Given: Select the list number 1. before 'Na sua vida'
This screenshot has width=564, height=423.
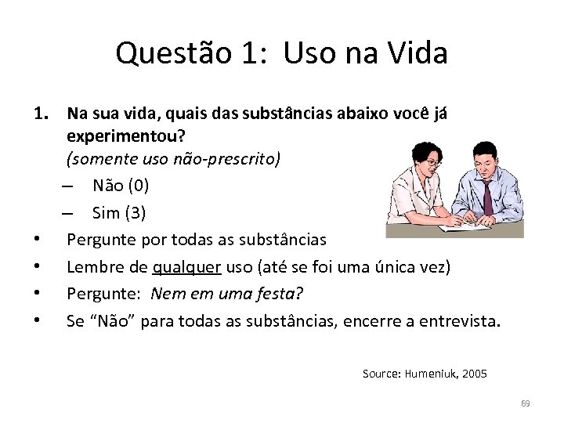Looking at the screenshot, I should pos(43,114).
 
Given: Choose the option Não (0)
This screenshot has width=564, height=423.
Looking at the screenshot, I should pos(121,186).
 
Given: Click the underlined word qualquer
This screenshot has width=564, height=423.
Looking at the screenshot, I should pos(188,267).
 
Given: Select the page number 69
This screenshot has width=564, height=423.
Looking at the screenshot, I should pos(525,403).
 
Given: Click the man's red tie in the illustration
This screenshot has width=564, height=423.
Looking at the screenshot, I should pos(488,195).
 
